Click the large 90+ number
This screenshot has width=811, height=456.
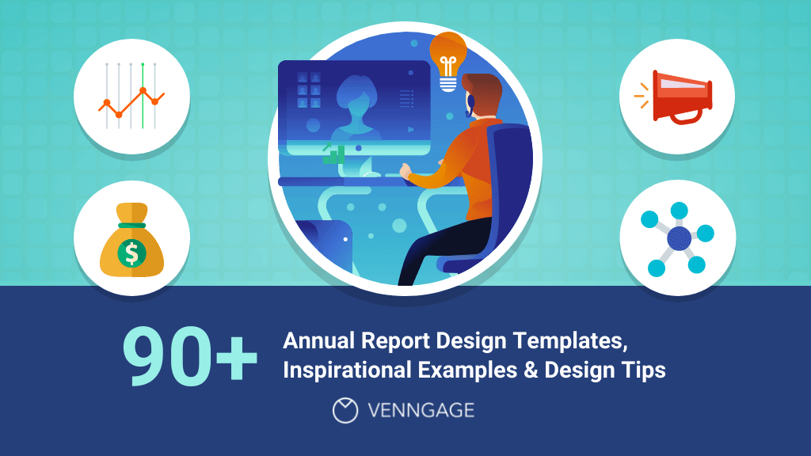pyautogui.click(x=190, y=355)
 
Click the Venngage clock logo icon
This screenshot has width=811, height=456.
pyautogui.click(x=345, y=410)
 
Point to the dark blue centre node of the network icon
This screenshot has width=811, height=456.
pyautogui.click(x=680, y=237)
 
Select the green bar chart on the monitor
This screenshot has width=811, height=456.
pyautogui.click(x=334, y=154)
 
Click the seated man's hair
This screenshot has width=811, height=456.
pyautogui.click(x=482, y=90)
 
